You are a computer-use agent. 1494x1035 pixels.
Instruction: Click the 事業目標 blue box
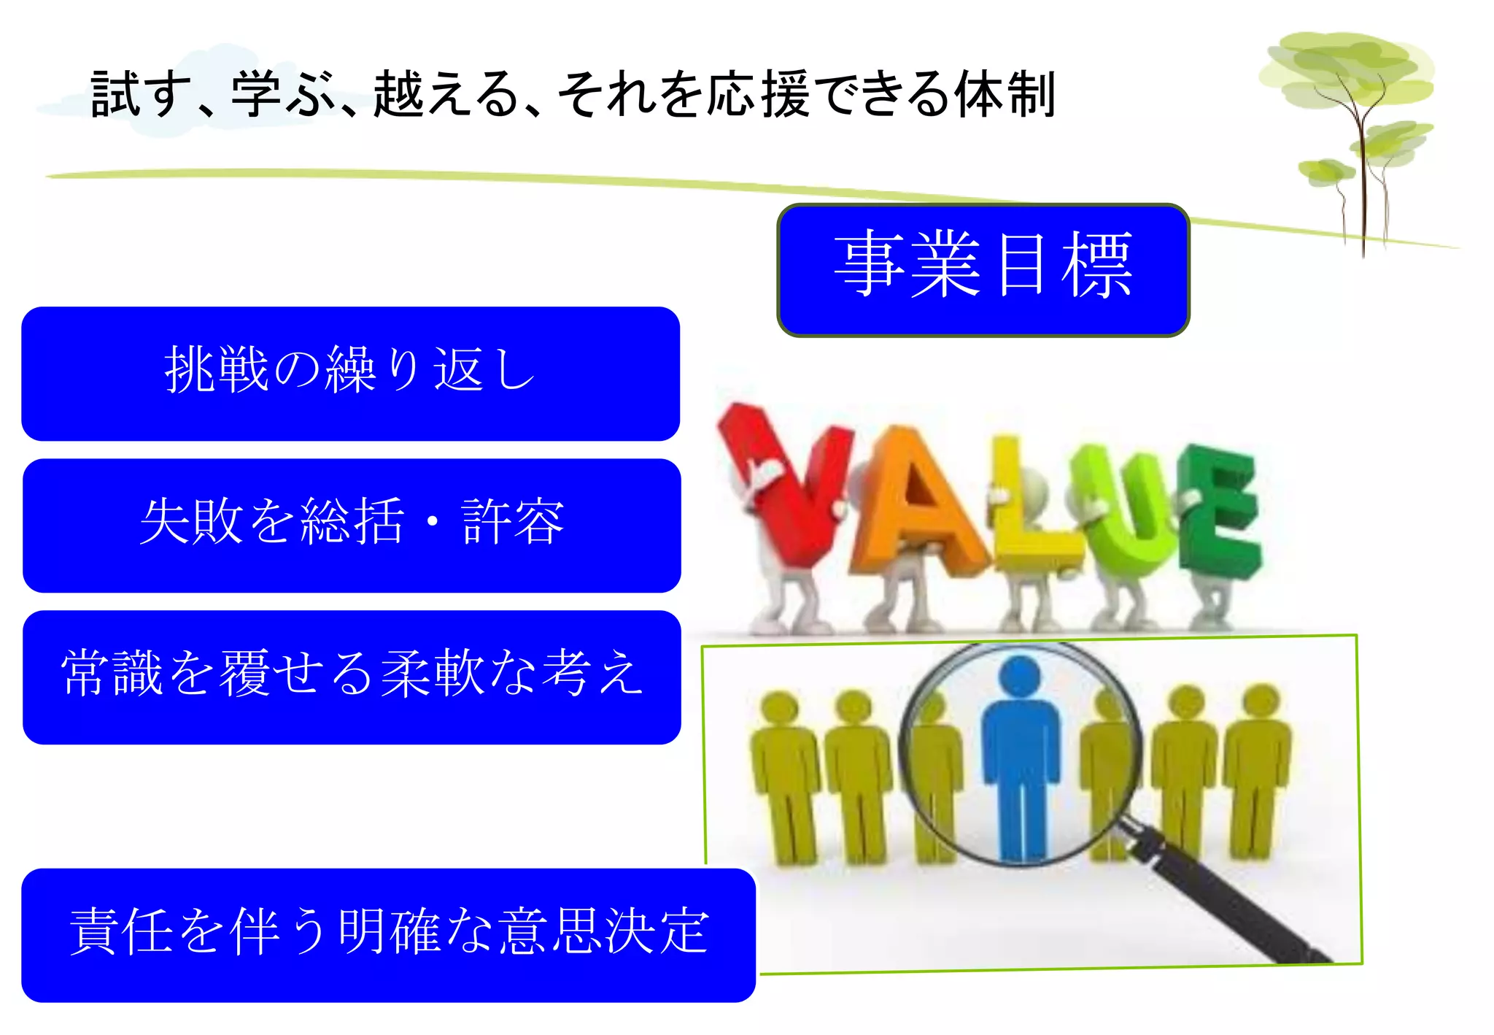tap(983, 270)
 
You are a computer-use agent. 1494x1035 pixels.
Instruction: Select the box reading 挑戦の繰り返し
tap(350, 373)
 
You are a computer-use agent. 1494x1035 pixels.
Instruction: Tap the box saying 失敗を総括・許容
tap(352, 525)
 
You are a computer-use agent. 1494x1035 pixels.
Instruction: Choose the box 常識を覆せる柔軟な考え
tap(352, 677)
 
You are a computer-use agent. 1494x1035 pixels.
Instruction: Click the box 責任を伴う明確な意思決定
tap(388, 934)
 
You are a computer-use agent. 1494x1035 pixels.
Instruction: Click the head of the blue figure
tap(1021, 675)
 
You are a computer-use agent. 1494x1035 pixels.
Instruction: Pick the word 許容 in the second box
tap(513, 522)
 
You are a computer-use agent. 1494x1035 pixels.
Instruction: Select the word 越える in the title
tap(446, 95)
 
